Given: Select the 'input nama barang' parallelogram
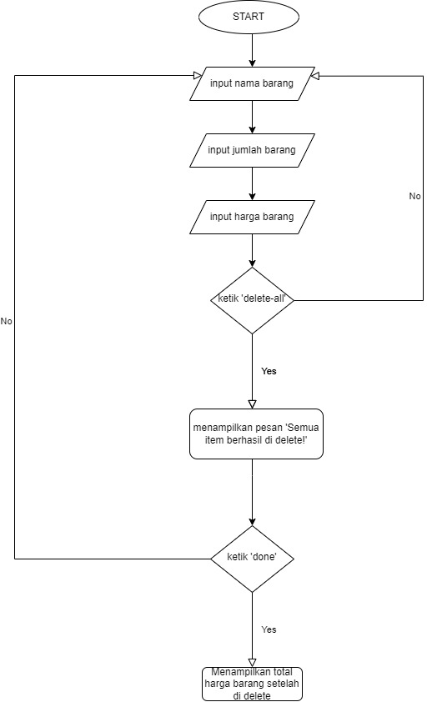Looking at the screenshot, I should (252, 83).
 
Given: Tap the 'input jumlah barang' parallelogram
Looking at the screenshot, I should (252, 151).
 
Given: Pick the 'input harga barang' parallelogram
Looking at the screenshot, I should (252, 218).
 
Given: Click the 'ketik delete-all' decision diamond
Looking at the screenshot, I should (252, 300).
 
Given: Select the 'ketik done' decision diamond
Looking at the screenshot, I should (252, 558).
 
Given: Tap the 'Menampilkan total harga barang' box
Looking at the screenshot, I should (252, 684).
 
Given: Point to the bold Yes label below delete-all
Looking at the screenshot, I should (269, 371).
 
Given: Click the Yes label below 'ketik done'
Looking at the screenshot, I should (269, 629).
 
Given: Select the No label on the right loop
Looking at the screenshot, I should (414, 196).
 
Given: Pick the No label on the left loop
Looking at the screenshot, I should (7, 321).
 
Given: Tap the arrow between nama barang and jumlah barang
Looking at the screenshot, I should (252, 117).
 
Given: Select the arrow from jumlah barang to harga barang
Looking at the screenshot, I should (252, 184).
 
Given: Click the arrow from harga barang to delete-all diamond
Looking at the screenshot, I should (252, 250).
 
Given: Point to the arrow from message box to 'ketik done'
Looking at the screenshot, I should (252, 492).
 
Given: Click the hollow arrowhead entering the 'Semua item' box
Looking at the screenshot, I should (252, 404).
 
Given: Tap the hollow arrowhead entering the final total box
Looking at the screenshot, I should (252, 662).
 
